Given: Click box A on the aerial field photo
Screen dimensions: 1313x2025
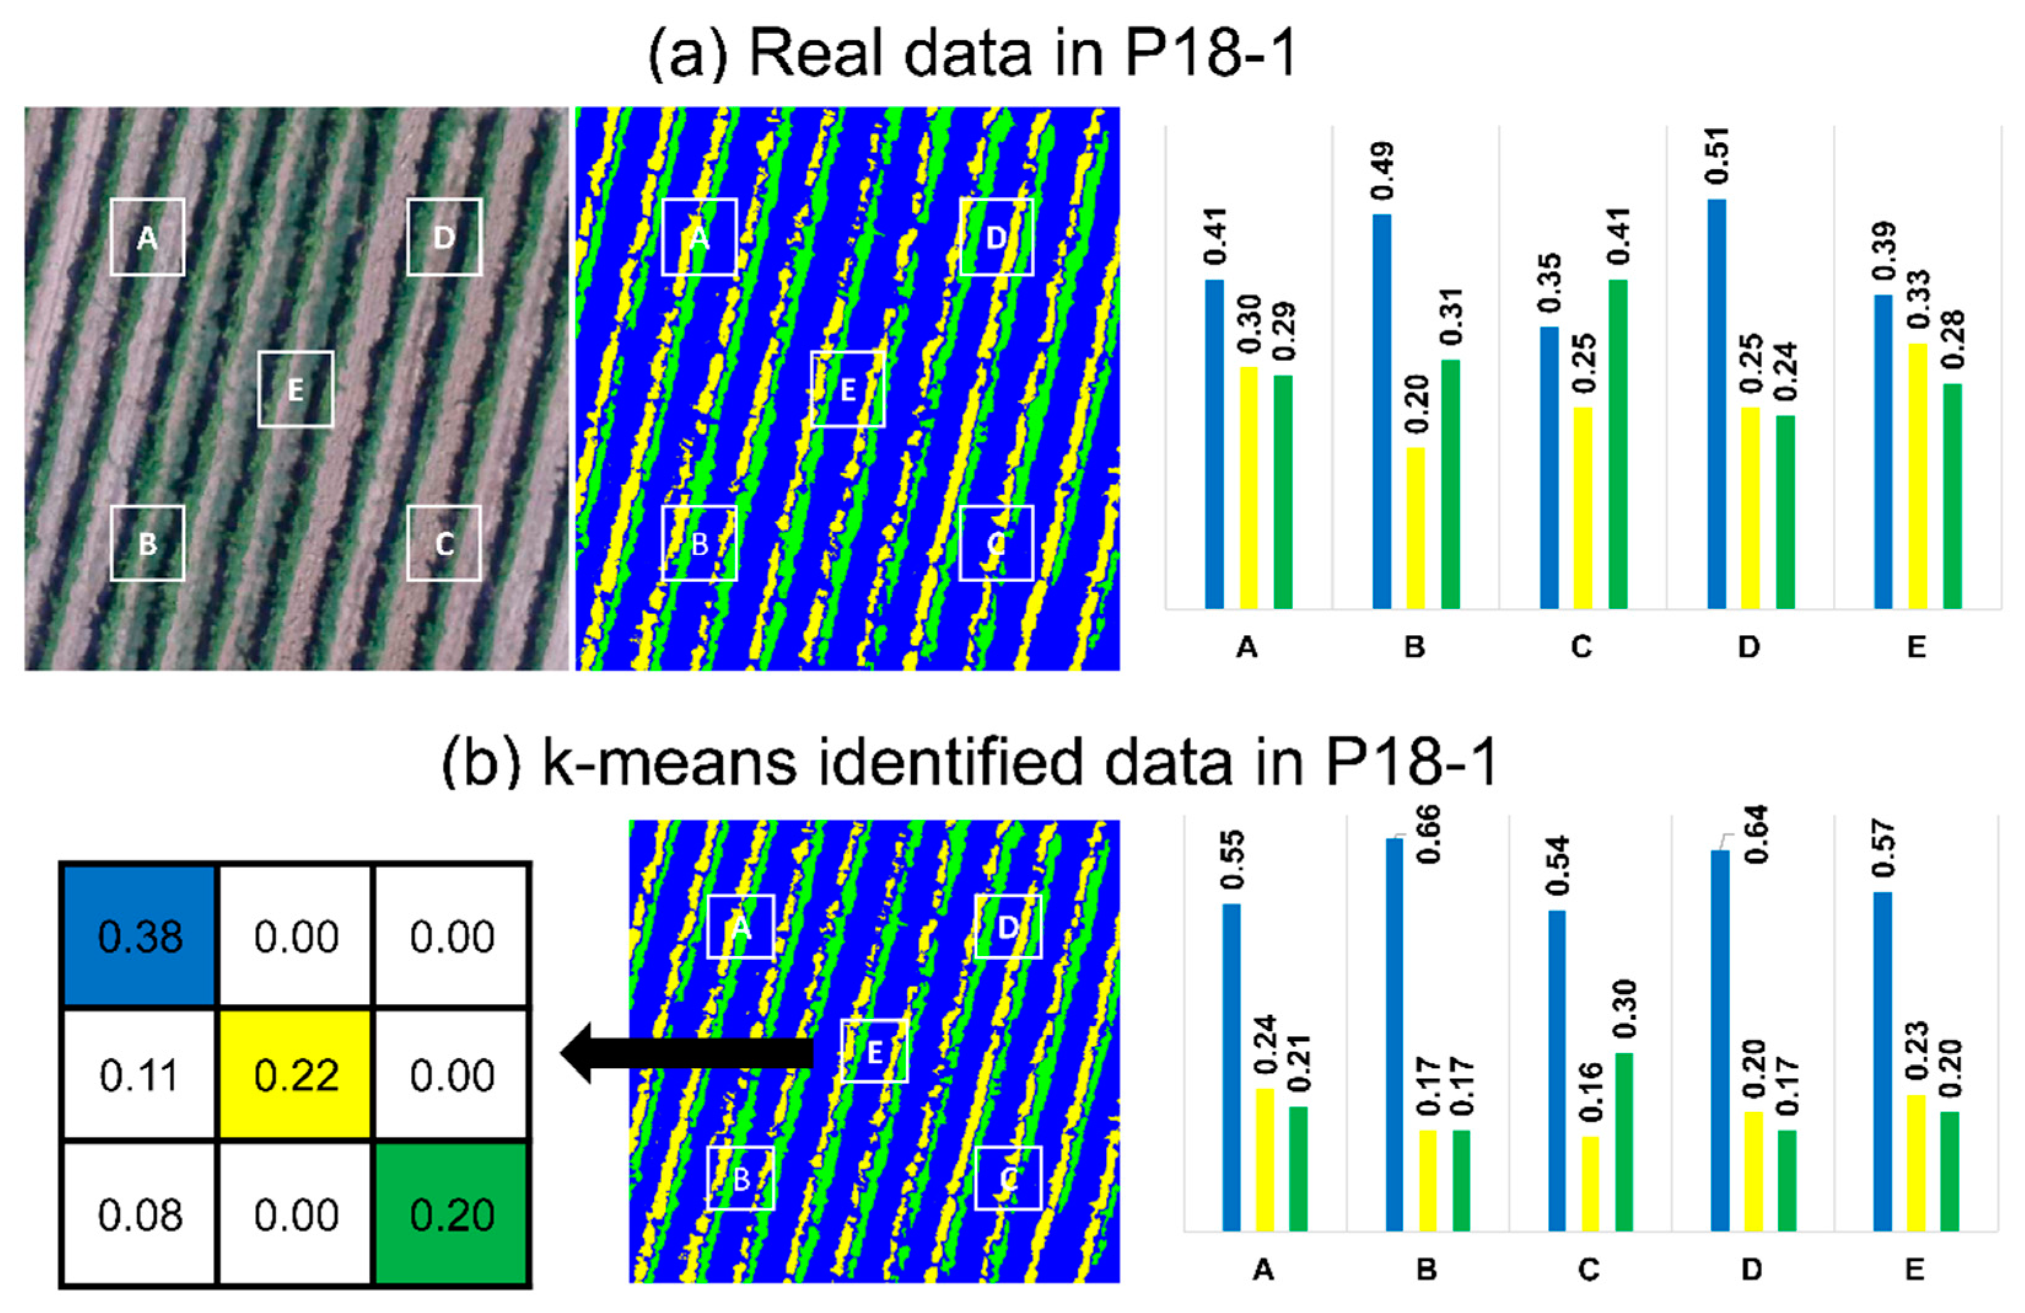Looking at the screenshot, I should coord(147,238).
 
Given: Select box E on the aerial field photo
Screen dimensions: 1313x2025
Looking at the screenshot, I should coord(295,389).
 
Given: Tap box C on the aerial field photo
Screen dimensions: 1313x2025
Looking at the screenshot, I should coord(443,543).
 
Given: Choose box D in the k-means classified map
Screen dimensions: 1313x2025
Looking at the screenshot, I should coord(1008,927).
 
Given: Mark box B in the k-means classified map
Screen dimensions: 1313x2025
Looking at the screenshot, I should coord(741,1179).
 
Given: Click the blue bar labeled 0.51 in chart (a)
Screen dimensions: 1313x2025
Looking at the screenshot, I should coord(1717,404).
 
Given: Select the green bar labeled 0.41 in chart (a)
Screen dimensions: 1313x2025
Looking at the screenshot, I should coord(1617,444).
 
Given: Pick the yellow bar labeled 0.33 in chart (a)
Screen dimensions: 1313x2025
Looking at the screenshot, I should coord(1917,477).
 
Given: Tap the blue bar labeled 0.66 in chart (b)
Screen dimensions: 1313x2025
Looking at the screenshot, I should coord(1394,1035).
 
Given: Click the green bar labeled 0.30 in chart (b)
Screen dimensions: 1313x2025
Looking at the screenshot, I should coord(1623,1142).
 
